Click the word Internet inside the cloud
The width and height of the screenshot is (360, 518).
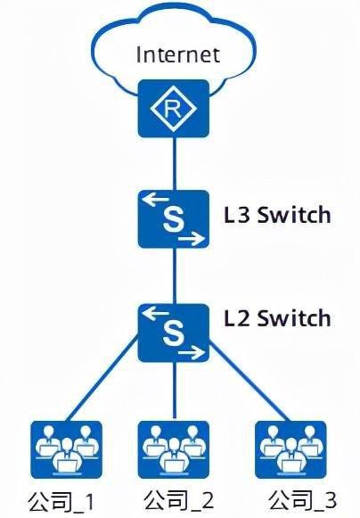(x=177, y=55)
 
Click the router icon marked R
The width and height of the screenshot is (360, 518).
(x=174, y=109)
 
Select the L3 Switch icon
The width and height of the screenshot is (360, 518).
(x=174, y=219)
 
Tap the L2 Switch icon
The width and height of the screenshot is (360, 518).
(x=174, y=333)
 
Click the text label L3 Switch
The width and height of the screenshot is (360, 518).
(x=277, y=215)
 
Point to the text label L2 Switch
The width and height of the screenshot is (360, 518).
(x=277, y=318)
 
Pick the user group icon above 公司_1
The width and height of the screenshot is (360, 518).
(x=66, y=449)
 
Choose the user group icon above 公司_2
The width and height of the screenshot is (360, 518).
(x=174, y=449)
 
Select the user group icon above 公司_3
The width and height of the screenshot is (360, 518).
(x=290, y=449)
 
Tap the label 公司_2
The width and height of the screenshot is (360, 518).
(x=179, y=499)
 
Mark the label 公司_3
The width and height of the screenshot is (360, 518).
(x=303, y=499)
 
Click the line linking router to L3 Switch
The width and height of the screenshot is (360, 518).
(x=175, y=164)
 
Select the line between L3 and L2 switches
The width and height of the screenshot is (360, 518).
(x=175, y=276)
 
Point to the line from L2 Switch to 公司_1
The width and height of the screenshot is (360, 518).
(x=102, y=379)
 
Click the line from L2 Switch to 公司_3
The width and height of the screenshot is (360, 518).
(x=250, y=382)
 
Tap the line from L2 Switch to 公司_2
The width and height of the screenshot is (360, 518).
(x=175, y=391)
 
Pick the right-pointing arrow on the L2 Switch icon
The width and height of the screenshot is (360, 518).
(x=192, y=353)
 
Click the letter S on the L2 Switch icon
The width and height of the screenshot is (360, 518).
(x=174, y=333)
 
